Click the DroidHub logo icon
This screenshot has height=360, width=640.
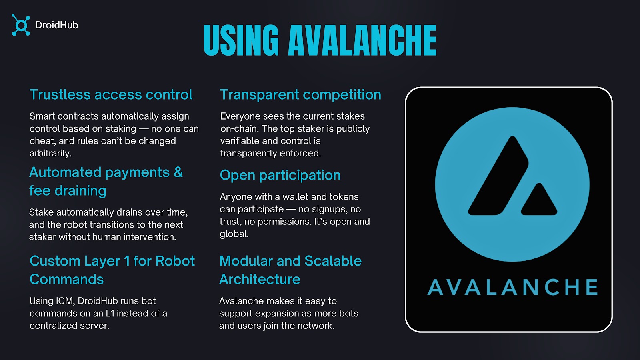pos(21,25)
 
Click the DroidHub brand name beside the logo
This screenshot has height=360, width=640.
pos(56,25)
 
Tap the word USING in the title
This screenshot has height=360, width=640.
pos(241,40)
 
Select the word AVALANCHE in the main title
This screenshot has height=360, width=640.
pos(362,40)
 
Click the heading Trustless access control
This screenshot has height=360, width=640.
pos(111,94)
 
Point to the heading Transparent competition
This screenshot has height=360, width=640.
pos(300,94)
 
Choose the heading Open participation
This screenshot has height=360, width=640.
pos(280,175)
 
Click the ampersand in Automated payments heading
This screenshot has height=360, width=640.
pos(178,172)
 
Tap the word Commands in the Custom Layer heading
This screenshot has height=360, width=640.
pos(66,279)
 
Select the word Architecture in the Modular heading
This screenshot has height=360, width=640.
pos(260,279)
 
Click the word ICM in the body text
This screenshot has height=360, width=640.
pos(65,301)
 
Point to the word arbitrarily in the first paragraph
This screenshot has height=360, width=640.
pos(50,154)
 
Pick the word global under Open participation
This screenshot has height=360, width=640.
pos(234,234)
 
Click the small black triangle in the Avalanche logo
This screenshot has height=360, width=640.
pos(539,200)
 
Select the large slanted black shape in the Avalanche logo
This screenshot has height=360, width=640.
pos(498,176)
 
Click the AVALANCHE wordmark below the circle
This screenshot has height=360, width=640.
pos(512,287)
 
